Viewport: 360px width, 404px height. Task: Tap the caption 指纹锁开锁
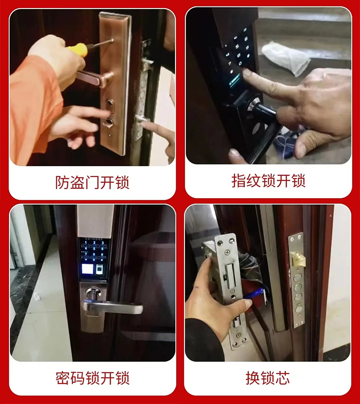click(268, 181)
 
